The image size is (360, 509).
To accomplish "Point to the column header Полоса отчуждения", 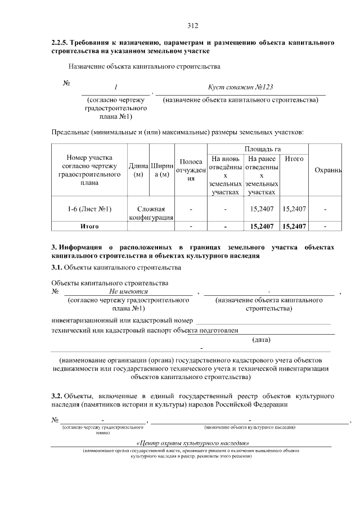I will (191, 170).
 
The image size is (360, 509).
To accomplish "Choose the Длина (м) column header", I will (138, 170).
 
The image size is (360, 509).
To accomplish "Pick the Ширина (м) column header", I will (161, 170).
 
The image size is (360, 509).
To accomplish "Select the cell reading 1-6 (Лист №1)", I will (89, 209).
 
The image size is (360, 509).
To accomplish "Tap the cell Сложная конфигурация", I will (150, 213).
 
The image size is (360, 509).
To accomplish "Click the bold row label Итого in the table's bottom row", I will (89, 226).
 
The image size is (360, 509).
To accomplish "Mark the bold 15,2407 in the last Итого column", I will (294, 226).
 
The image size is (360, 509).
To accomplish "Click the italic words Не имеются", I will (128, 292).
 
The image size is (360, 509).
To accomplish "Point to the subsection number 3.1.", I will (56, 267).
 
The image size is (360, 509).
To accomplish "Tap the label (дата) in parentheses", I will (262, 339).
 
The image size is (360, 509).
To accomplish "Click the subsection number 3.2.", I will (56, 395).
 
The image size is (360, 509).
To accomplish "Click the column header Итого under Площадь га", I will (294, 159).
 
